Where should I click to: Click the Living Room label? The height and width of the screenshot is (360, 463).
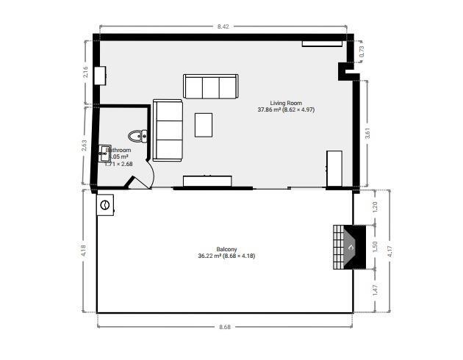click(286, 104)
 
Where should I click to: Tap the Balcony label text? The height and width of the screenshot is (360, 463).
click(226, 248)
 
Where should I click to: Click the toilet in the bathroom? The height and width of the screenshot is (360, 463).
click(137, 135)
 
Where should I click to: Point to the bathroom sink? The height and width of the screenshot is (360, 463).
click(105, 153)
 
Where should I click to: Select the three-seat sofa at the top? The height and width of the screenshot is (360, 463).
click(210, 87)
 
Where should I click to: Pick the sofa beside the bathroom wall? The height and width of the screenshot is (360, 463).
click(168, 129)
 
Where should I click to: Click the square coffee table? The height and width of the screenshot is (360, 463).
click(204, 124)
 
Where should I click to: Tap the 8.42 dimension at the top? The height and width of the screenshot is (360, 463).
click(223, 27)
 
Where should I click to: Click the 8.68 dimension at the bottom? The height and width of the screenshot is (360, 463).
click(224, 326)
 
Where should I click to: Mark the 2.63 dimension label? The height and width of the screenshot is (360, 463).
click(85, 146)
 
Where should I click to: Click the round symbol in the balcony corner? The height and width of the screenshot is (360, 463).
click(107, 205)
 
